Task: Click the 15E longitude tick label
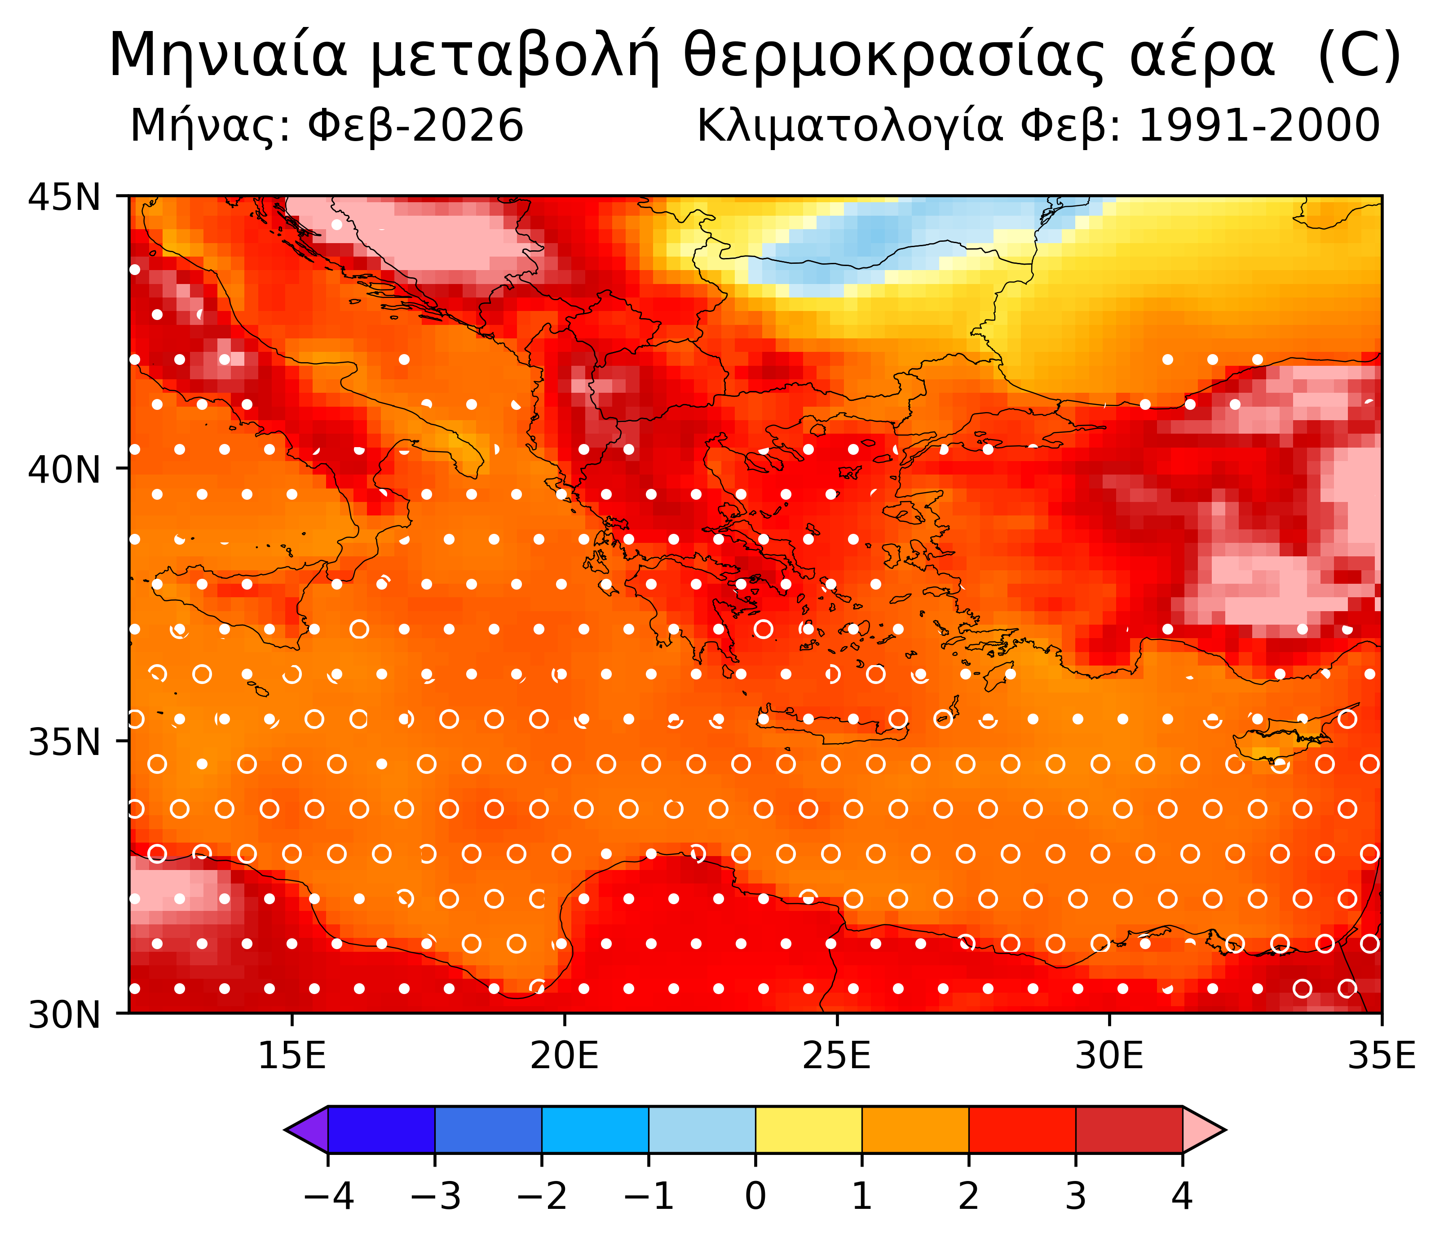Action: point(292,1057)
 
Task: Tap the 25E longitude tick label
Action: point(836,1057)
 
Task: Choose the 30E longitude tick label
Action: point(1109,1057)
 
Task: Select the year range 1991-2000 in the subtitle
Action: point(1259,126)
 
